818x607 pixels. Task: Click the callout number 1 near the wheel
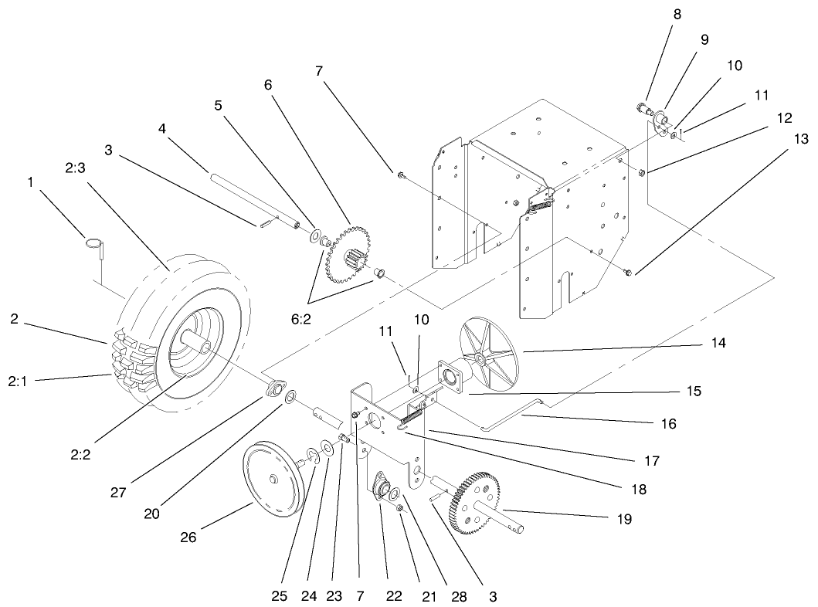pos(30,182)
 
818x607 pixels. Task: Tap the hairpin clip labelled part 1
pos(94,245)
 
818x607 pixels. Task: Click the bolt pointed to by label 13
pos(628,271)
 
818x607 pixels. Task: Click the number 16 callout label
pos(669,423)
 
